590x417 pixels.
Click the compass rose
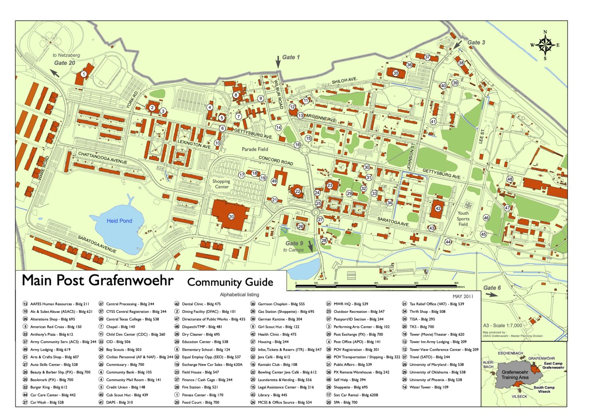tap(545, 45)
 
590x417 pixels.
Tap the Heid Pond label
tap(119, 221)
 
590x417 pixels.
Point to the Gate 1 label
tap(291, 57)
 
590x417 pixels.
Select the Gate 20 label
tap(65, 63)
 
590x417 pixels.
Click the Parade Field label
tap(255, 149)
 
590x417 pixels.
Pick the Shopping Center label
tap(221, 184)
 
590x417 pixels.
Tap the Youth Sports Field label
tap(463, 218)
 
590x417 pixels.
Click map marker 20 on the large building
tap(231, 217)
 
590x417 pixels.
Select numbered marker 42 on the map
tap(438, 208)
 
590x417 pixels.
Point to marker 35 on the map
tap(396, 73)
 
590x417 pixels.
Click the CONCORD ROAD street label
tap(275, 161)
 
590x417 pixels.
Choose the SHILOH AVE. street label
tap(345, 81)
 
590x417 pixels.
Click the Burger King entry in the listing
tap(48, 387)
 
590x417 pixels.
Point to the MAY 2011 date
tap(463, 296)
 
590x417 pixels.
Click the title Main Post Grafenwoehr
tap(98, 281)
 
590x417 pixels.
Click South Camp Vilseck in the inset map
tap(544, 389)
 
